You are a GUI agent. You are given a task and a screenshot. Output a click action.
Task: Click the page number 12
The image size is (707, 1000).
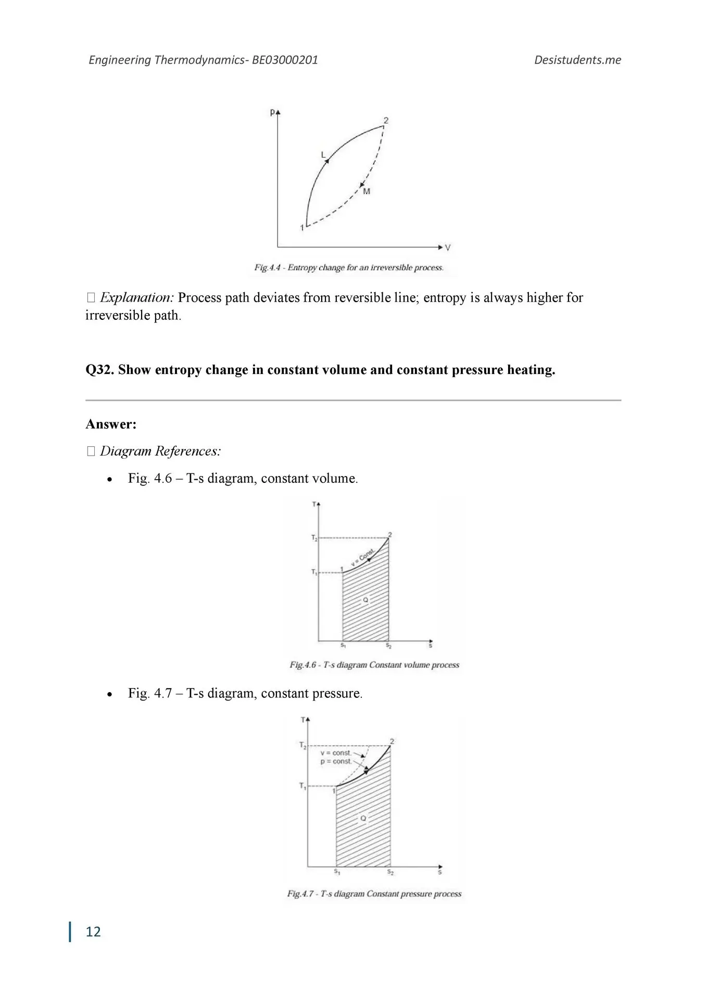click(x=93, y=931)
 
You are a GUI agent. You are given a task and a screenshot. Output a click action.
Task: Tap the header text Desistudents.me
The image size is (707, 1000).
click(x=577, y=60)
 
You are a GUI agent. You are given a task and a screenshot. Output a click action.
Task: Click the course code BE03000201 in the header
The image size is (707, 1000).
click(x=285, y=60)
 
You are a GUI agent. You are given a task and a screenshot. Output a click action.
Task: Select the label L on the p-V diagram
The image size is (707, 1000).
click(x=323, y=155)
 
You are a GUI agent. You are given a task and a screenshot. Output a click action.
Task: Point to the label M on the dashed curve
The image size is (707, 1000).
click(x=367, y=192)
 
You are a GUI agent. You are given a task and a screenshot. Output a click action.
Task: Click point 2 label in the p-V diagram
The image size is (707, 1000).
click(x=386, y=120)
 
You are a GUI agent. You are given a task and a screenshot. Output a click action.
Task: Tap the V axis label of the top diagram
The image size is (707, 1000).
click(x=448, y=247)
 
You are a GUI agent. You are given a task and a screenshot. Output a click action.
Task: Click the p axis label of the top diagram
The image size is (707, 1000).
click(x=272, y=111)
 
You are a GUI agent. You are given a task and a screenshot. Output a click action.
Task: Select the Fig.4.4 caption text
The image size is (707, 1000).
click(x=349, y=268)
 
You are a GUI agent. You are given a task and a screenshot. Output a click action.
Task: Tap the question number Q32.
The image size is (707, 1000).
click(x=99, y=370)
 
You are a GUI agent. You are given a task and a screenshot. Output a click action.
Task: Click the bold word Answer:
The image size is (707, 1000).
click(x=111, y=424)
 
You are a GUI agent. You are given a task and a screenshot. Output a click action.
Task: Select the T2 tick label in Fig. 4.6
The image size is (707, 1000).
click(x=314, y=538)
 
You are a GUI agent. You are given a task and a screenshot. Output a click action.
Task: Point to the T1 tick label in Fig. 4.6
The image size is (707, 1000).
click(x=314, y=572)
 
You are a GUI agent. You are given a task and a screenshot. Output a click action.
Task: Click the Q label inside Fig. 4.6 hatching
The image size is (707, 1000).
click(x=365, y=600)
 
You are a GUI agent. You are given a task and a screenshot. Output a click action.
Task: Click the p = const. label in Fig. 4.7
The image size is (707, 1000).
click(x=336, y=761)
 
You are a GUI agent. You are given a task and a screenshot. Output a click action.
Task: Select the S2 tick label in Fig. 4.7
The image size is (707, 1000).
click(x=390, y=871)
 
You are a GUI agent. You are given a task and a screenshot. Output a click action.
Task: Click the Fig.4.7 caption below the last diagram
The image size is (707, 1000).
click(x=374, y=894)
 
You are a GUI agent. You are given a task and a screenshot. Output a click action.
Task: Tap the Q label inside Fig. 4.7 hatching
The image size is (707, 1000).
click(x=363, y=818)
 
